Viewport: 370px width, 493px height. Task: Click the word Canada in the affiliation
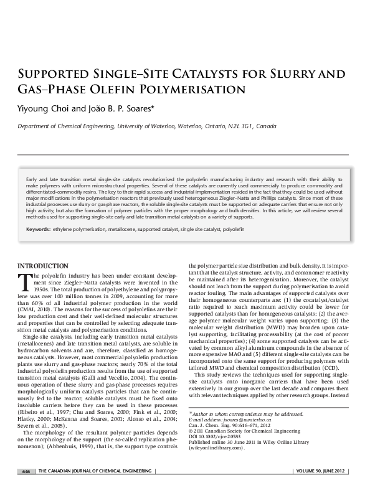[x=266, y=126]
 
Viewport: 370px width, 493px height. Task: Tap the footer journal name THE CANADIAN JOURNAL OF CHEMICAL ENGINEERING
[x=93, y=471]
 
